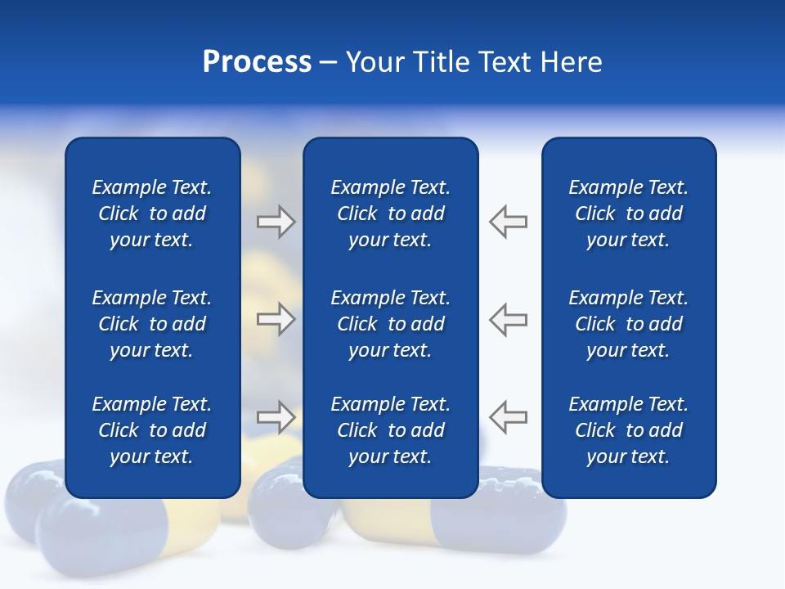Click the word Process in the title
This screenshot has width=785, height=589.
pos(257,62)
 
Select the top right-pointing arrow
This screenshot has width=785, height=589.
pos(276,222)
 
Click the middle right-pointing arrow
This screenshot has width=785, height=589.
pos(276,319)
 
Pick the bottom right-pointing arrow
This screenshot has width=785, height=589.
pos(276,416)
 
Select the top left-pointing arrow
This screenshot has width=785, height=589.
pos(509,222)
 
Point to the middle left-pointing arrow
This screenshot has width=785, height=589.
pos(509,319)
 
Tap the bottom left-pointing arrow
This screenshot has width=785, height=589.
pos(509,416)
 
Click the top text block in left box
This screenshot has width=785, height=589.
pos(152,214)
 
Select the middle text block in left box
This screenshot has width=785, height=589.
pos(152,324)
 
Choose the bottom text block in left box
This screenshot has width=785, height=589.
pos(152,430)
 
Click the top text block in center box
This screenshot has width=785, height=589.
pos(390,214)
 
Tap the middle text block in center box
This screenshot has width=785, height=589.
pos(390,324)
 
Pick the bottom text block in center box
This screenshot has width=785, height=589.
pos(390,430)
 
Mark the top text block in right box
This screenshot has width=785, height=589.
pos(628,214)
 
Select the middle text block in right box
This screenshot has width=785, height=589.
pos(628,324)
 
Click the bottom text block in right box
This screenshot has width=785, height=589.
pos(628,430)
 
